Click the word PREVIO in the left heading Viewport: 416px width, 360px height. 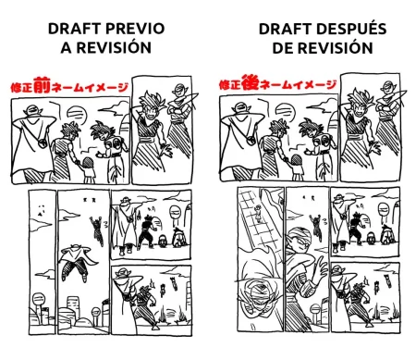point(134,29)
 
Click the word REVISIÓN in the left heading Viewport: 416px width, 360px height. point(114,47)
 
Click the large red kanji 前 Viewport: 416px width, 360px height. point(42,84)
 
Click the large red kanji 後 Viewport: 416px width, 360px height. point(250,82)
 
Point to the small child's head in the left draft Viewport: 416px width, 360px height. point(88,163)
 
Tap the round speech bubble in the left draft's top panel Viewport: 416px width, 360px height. point(77,114)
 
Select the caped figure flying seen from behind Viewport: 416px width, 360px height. point(75,261)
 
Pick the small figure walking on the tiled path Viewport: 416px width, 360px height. point(258,214)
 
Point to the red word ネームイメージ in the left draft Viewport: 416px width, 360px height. point(90,87)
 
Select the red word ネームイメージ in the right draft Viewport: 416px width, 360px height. point(298,85)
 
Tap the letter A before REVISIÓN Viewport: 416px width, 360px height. point(66,48)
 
